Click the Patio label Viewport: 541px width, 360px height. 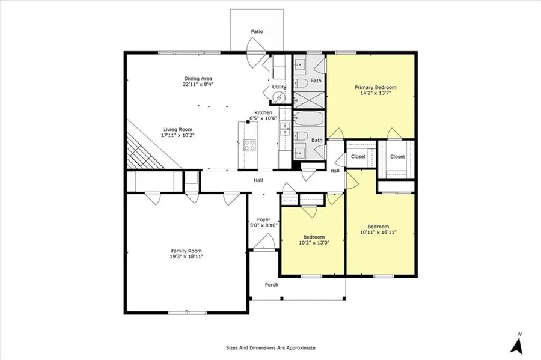[x=257, y=31]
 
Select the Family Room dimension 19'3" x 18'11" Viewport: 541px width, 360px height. [x=186, y=257]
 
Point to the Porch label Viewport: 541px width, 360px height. [x=272, y=285]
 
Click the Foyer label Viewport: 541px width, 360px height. [x=263, y=219]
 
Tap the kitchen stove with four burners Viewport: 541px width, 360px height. [x=249, y=145]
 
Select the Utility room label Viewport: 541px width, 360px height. [x=280, y=87]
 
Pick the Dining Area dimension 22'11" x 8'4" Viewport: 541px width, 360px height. [x=198, y=84]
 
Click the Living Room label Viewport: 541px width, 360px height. [x=177, y=129]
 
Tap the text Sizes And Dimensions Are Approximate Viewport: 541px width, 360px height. [x=270, y=347]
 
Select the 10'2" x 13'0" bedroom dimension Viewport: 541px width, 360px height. [x=314, y=243]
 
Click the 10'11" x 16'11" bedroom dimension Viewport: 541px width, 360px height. [x=378, y=232]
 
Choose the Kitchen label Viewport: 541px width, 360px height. [x=263, y=112]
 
